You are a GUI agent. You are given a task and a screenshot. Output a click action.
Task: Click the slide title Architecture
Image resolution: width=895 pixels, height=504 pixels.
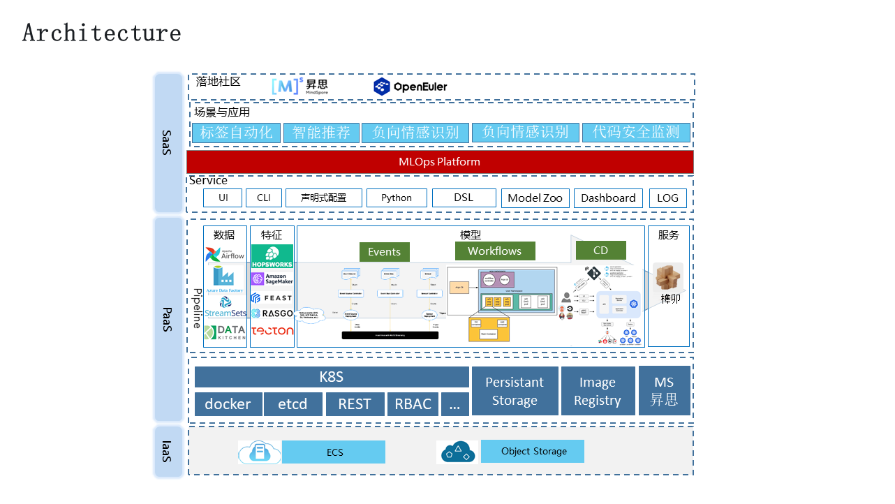pos(102,33)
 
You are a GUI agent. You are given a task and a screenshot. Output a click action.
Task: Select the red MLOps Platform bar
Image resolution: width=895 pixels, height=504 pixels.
pos(440,162)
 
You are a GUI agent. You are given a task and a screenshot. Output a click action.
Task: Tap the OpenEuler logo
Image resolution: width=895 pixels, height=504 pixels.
pos(410,87)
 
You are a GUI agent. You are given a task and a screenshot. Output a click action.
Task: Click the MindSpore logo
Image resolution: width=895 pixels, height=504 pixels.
pos(299,87)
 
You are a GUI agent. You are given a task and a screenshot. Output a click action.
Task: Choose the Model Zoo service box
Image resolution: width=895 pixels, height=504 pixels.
pos(535,198)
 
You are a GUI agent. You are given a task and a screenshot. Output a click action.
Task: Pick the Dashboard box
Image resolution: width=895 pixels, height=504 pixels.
pos(608,198)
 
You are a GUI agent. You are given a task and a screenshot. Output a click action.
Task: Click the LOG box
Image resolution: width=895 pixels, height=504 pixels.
pos(667,198)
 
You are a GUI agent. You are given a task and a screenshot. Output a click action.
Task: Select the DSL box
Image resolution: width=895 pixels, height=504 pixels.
pos(464,198)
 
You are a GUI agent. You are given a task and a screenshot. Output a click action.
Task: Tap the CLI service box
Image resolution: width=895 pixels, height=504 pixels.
pos(263,198)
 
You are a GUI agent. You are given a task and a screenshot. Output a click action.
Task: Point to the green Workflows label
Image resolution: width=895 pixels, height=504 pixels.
pos(494,251)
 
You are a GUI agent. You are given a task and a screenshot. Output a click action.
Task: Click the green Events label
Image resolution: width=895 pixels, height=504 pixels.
pos(384,252)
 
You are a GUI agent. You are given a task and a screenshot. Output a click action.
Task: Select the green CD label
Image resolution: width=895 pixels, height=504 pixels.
pos(600,251)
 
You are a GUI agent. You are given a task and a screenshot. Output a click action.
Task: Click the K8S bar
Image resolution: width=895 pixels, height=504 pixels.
pos(332,378)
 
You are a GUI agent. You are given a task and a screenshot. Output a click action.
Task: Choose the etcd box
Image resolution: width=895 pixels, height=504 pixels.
pos(293,404)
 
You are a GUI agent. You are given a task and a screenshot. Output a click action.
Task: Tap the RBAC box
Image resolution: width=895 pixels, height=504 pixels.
pos(413,404)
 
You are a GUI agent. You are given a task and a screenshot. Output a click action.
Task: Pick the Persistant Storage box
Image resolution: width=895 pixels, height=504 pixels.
pos(515,391)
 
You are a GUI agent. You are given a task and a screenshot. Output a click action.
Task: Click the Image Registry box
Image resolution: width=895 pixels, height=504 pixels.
pos(597,391)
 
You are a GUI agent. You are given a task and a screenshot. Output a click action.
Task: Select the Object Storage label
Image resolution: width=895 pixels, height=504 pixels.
pos(533,452)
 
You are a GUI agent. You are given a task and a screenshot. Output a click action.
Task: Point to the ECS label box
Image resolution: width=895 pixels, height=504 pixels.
pos(334,452)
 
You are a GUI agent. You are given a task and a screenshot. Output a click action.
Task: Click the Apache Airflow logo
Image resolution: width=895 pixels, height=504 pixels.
pos(225,254)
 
